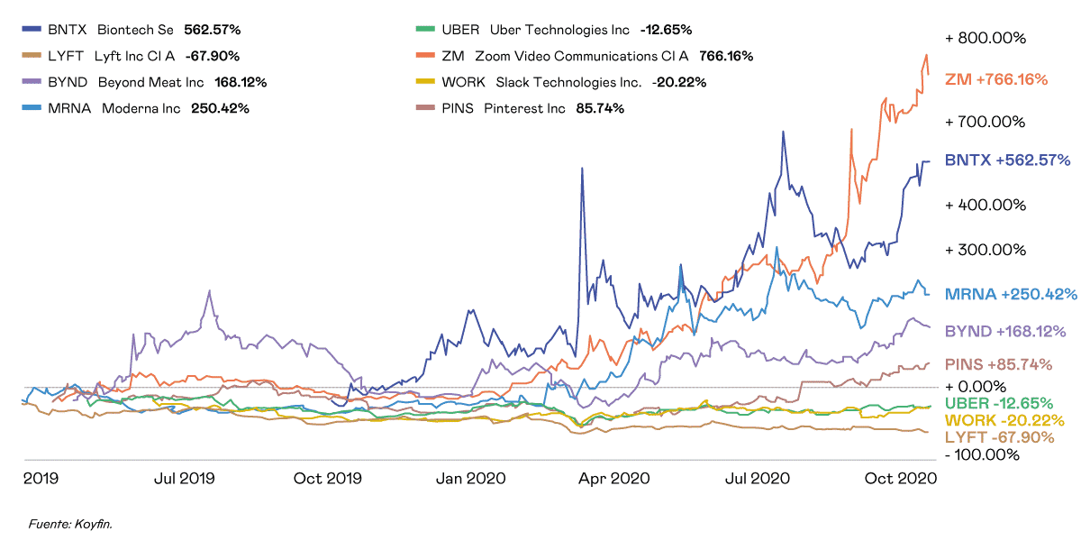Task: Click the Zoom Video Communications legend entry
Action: point(586,55)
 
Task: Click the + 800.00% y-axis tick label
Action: point(986,39)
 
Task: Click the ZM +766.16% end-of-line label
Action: point(996,79)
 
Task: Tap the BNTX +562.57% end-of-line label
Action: point(1007,160)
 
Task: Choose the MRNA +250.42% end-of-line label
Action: point(1012,294)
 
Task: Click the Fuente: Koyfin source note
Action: point(71,522)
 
